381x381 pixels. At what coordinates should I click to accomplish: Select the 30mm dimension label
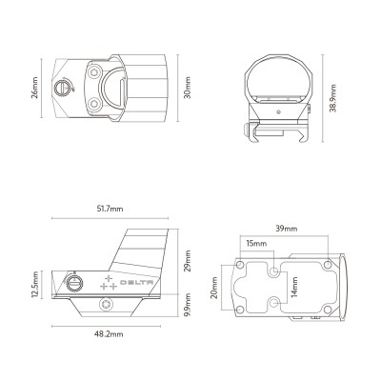187,88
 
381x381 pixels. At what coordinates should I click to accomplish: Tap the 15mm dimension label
256,244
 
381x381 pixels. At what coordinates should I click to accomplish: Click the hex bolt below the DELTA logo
105,306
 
